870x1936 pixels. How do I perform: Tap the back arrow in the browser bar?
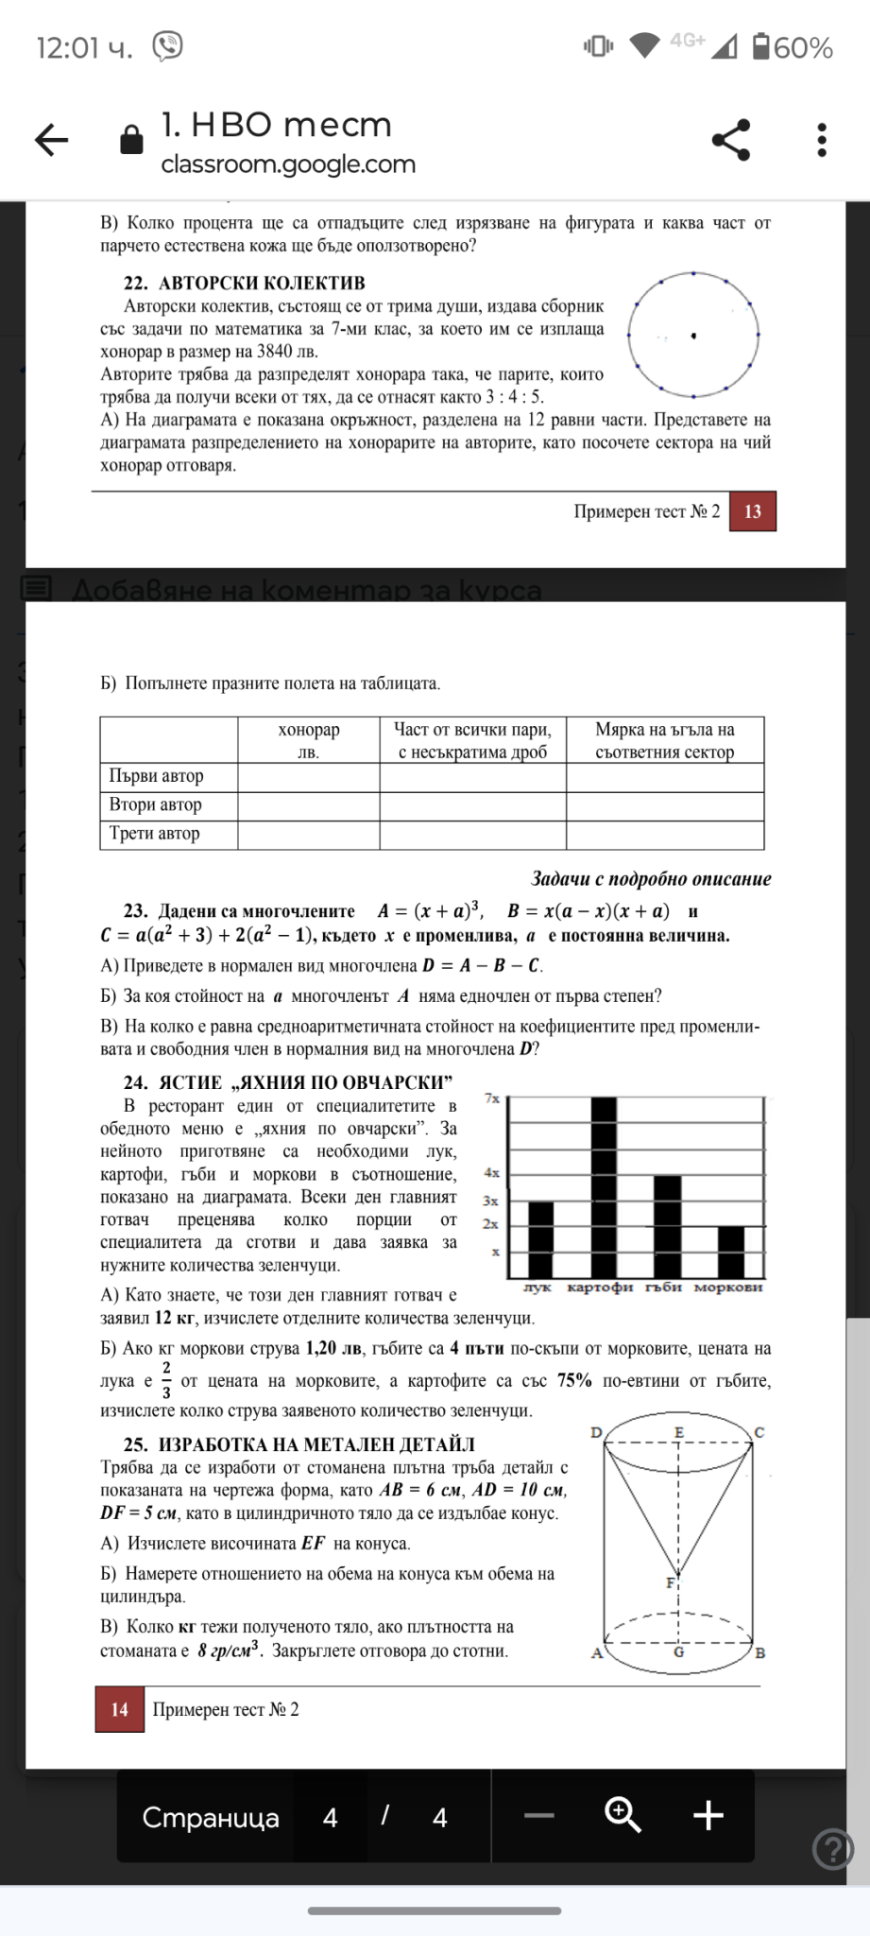tap(52, 141)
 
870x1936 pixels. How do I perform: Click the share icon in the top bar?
tap(731, 140)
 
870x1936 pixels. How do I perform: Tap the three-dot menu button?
tap(822, 140)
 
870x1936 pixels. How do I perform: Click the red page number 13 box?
tap(752, 511)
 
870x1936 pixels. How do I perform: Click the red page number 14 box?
tap(120, 1709)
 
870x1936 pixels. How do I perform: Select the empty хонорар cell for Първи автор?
tap(309, 777)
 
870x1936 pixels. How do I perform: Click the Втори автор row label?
tap(156, 805)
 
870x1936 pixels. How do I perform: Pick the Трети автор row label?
tap(155, 834)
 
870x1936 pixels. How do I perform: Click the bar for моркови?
tap(731, 1252)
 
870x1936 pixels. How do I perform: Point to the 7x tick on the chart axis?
tap(492, 1098)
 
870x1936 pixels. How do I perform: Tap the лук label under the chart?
tap(537, 1288)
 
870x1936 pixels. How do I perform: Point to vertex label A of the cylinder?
tap(596, 1653)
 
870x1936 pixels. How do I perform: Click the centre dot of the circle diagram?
tap(693, 336)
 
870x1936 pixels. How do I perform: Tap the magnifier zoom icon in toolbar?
tap(623, 1815)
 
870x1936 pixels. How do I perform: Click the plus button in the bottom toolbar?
tap(708, 1815)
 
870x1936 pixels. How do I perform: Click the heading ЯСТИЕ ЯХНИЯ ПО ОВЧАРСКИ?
tap(288, 1083)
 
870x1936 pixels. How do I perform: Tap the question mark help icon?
tap(832, 1850)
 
